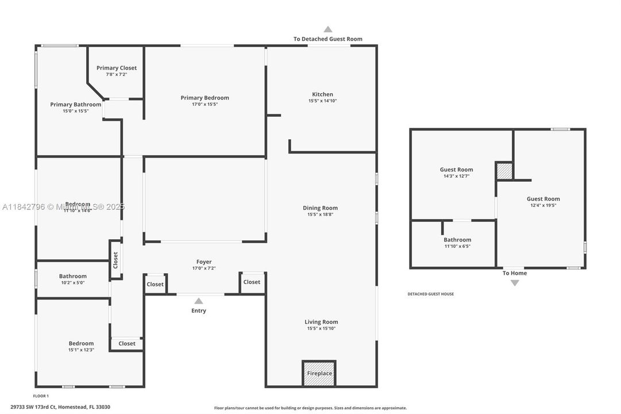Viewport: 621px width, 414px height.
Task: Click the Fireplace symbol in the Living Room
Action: coord(319,373)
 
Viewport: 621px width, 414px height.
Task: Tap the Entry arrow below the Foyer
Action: coord(198,301)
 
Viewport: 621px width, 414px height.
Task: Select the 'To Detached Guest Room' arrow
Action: coord(327,29)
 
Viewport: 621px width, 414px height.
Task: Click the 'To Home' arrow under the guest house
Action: coord(514,282)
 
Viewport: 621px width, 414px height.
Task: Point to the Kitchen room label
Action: coord(322,94)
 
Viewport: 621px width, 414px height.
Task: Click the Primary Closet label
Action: coord(117,68)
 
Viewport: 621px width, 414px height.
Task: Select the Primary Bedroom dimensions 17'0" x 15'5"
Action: coord(205,105)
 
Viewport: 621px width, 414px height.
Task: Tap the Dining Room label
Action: coord(320,208)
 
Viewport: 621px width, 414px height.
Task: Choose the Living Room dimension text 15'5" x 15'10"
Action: coord(321,329)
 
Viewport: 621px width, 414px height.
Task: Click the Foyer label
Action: coord(204,262)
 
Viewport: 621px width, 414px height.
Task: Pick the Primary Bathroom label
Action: coord(75,105)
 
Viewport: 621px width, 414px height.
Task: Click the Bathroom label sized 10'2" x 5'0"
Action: coord(72,276)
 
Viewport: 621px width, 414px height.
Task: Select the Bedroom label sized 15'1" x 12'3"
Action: coord(81,343)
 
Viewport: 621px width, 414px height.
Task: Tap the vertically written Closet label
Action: coord(115,260)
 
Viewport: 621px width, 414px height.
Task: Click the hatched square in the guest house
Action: coord(504,171)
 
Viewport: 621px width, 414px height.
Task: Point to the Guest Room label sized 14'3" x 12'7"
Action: coord(456,170)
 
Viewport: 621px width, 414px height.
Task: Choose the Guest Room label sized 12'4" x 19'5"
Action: coord(543,199)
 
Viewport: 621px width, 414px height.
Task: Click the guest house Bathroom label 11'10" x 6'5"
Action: coord(457,240)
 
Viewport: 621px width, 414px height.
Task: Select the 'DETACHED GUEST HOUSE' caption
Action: coord(430,294)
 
